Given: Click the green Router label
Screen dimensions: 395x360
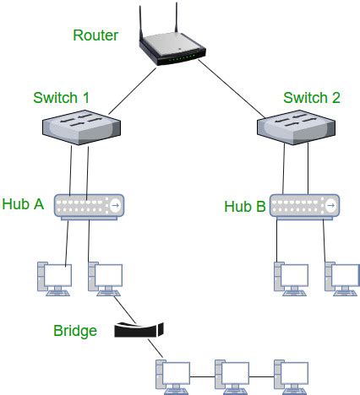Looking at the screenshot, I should tap(95, 35).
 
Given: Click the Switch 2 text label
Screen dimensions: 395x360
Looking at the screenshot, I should tap(313, 98).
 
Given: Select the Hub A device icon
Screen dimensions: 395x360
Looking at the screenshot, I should tap(90, 205).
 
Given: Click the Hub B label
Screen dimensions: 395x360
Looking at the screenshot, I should tap(244, 206).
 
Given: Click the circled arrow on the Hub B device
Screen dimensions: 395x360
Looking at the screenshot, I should tap(332, 205).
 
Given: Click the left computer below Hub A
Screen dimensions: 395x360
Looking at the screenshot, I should tap(52, 279).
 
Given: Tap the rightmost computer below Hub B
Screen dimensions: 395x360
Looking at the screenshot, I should tap(341, 279).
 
